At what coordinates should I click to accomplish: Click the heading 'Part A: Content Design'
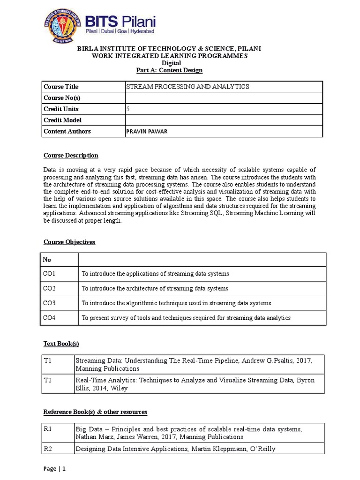[169, 70]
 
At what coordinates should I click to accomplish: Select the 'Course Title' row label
[61, 87]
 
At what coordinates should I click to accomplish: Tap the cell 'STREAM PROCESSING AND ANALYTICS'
[188, 87]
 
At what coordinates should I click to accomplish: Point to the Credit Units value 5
[128, 109]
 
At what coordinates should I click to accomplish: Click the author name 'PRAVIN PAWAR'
[146, 132]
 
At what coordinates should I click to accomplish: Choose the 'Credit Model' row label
[62, 120]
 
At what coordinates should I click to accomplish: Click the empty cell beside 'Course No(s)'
[224, 98]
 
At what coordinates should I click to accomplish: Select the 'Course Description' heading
[71, 156]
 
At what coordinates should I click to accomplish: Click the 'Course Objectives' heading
[69, 242]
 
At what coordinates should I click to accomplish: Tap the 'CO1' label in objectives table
[49, 273]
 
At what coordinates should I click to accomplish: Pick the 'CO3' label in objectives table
[49, 303]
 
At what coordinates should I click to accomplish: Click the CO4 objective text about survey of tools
[186, 318]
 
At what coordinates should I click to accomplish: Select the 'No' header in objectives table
[47, 259]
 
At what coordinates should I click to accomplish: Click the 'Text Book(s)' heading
[61, 344]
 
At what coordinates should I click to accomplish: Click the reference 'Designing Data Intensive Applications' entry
[175, 449]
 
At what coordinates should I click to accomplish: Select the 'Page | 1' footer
[54, 468]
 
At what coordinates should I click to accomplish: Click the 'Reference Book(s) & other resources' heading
[95, 412]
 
